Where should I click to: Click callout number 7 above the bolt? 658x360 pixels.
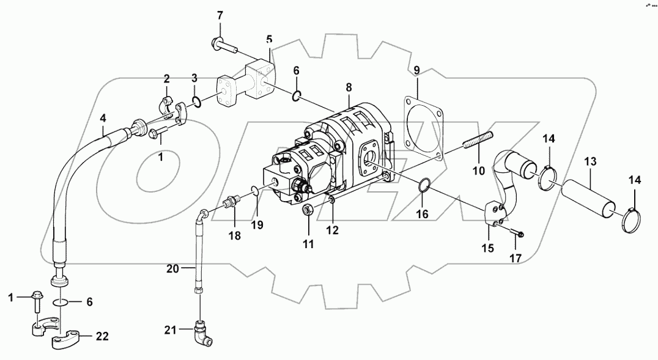pos(220,15)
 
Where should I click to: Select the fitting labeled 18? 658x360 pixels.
pos(232,202)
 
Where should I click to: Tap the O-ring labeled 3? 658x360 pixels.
pos(196,100)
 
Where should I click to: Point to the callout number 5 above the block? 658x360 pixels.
pos(268,39)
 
